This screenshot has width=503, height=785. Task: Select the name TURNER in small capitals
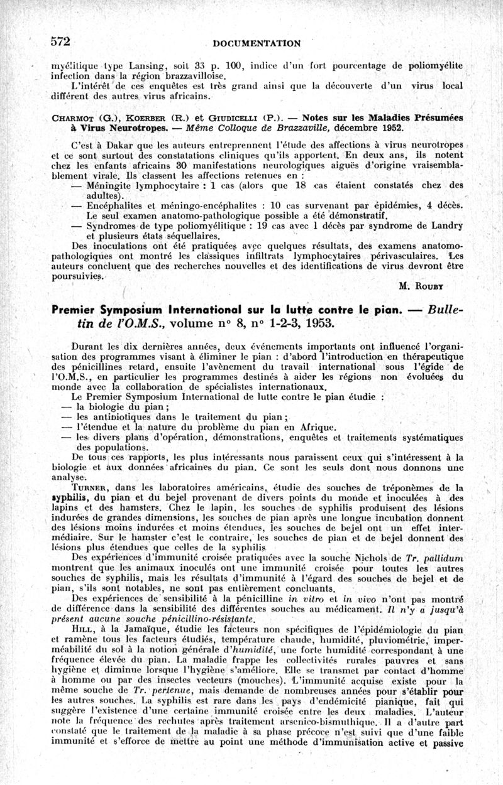[91, 487]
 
